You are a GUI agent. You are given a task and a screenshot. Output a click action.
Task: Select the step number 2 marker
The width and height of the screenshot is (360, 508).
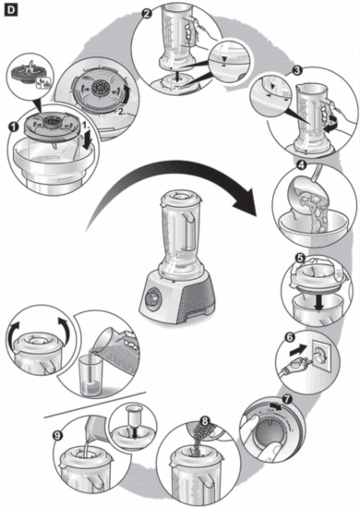[147, 14]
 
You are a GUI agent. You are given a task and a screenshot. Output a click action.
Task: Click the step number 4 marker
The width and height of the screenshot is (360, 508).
[300, 166]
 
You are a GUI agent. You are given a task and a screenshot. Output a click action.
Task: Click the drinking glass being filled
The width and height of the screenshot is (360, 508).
[92, 371]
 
